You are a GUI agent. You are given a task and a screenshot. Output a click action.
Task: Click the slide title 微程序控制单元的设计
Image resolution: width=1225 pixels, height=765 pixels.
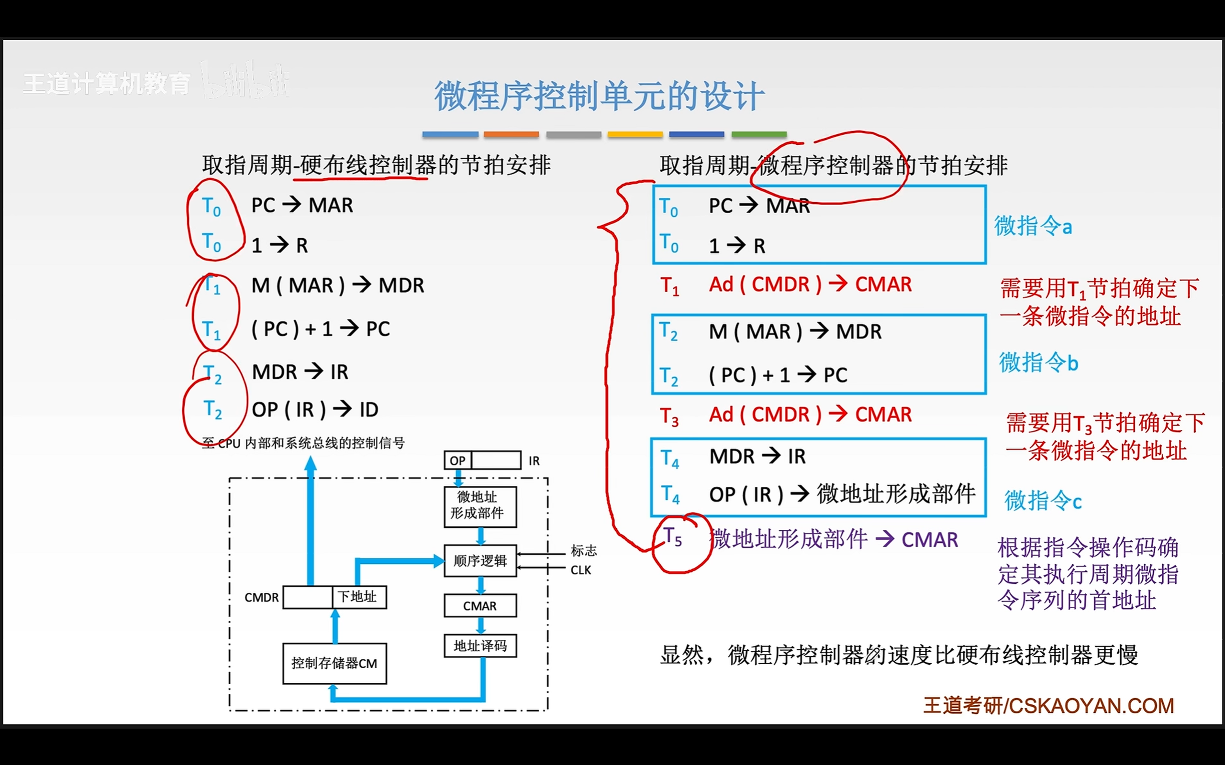599,96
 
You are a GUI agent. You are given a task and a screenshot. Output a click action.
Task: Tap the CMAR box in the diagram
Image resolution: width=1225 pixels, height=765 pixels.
480,606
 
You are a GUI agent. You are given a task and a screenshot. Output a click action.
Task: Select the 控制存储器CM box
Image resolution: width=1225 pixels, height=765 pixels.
334,663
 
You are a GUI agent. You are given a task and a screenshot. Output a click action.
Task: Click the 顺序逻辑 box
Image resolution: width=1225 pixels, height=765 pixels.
480,560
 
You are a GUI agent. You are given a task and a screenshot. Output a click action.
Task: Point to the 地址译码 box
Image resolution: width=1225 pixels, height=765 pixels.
480,645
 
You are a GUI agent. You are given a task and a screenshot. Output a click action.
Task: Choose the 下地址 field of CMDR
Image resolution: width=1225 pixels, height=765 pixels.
358,597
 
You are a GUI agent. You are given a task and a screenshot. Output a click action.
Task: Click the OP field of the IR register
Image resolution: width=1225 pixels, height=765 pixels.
457,460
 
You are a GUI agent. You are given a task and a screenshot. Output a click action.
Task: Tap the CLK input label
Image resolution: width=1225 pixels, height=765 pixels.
580,570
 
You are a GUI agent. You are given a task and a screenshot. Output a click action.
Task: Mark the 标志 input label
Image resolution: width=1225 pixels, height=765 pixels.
584,550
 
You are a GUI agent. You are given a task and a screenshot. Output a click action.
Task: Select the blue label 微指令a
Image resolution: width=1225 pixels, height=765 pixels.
1033,226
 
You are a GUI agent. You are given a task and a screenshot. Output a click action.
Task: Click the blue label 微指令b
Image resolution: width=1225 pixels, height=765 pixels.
1038,363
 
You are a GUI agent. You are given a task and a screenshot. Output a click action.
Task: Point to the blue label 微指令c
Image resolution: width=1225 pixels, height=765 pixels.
1043,501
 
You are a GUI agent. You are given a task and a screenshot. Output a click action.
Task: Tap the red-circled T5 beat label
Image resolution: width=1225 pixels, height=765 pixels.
673,537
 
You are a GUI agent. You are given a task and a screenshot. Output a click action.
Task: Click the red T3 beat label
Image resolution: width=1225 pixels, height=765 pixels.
669,416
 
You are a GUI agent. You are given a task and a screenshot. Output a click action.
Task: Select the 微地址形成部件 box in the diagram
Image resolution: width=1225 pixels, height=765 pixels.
480,506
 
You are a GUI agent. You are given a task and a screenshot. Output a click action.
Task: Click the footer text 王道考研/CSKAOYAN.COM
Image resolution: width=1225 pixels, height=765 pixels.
1048,706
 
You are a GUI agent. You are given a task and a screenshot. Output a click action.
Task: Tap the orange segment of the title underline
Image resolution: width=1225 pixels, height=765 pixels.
511,134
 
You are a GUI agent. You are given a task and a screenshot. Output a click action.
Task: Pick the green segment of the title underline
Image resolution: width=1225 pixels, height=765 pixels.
759,134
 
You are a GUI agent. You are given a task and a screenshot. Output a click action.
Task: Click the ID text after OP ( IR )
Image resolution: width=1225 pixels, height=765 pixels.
369,410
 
